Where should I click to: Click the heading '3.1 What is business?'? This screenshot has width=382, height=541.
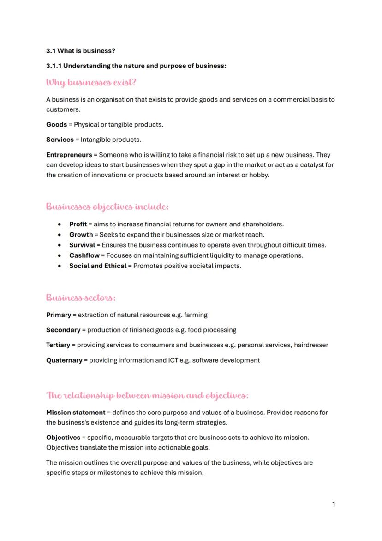click(81, 50)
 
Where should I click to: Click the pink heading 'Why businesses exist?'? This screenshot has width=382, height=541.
click(91, 83)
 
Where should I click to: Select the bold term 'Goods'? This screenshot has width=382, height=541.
click(56, 124)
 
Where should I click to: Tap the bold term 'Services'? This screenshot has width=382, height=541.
click(60, 140)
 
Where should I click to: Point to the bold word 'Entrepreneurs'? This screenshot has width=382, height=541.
click(69, 155)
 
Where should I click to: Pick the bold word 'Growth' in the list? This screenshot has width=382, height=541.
click(81, 235)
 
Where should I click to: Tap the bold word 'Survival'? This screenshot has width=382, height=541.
click(82, 245)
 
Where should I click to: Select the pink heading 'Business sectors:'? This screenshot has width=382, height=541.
click(81, 298)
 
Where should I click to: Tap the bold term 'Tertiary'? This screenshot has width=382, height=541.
click(58, 345)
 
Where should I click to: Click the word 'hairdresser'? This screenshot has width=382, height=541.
click(311, 345)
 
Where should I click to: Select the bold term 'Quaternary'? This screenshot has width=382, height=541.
click(64, 360)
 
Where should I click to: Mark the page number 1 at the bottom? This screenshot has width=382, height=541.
click(334, 504)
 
